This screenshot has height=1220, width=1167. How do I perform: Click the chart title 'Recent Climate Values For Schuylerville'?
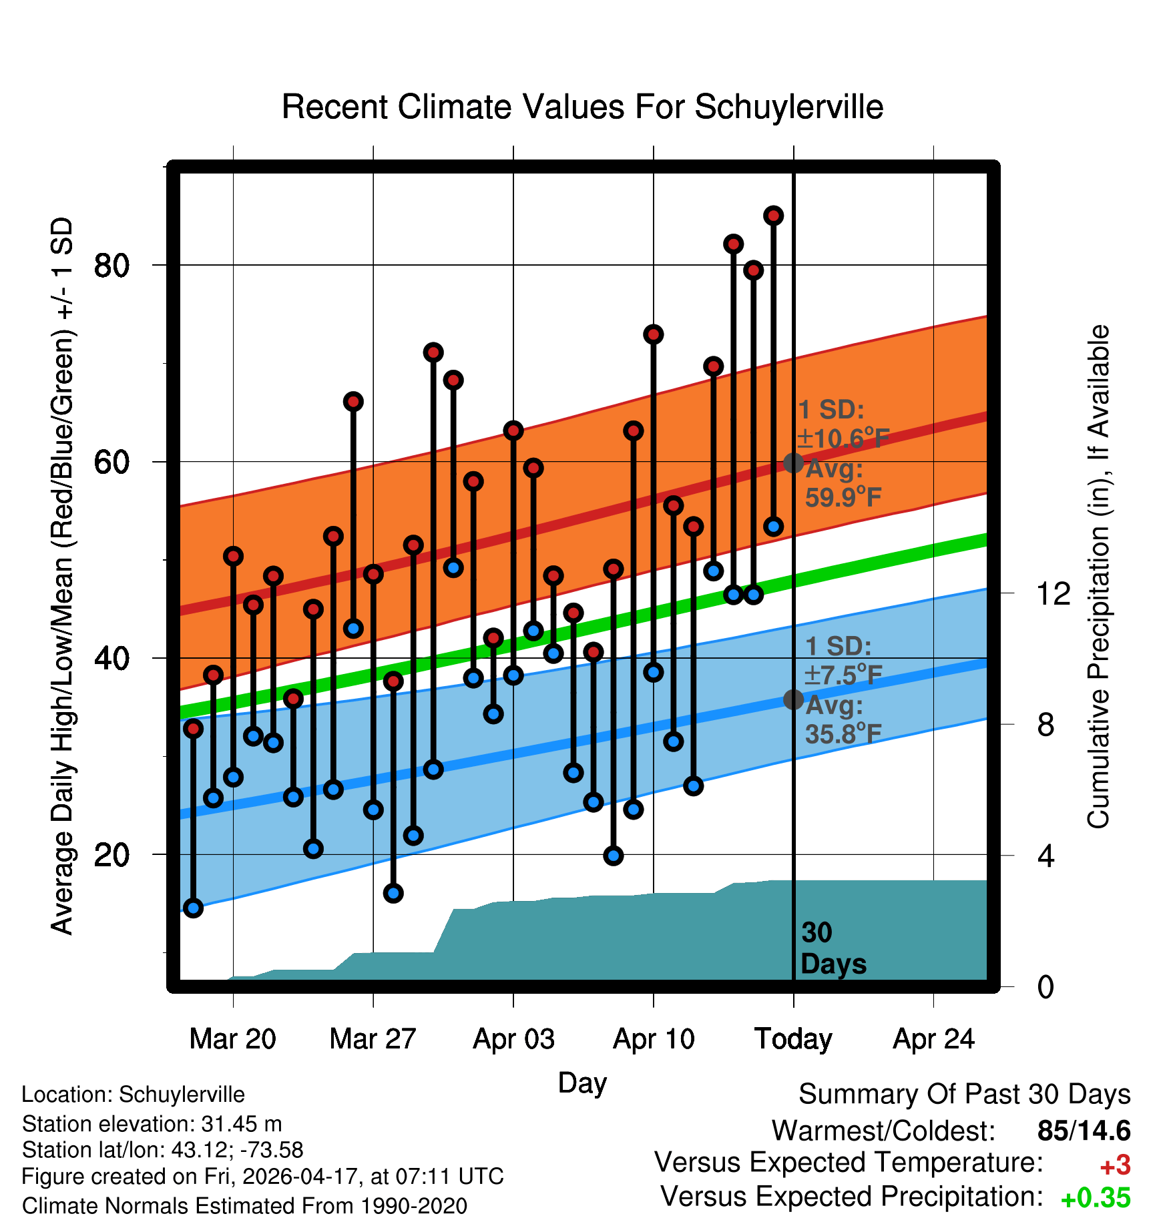click(x=582, y=107)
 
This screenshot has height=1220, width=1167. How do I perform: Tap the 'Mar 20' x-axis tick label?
click(x=232, y=1039)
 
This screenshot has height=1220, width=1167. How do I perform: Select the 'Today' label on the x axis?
click(x=793, y=1039)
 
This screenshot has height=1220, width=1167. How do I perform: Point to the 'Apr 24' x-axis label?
click(x=934, y=1039)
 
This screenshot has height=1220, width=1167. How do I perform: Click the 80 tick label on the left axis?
click(x=112, y=266)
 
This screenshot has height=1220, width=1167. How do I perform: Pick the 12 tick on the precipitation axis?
click(x=1054, y=593)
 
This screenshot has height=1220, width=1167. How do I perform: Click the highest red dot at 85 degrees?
click(x=774, y=216)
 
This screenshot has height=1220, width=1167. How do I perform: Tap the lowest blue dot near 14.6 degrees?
click(x=193, y=908)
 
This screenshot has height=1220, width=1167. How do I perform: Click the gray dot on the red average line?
click(x=793, y=463)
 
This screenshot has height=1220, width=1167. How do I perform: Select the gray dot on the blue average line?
click(x=793, y=699)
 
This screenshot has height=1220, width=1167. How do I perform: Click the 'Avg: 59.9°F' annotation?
click(x=843, y=483)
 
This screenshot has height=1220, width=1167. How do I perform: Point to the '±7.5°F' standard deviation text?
click(x=843, y=675)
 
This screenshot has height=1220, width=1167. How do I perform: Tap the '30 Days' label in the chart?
click(x=833, y=948)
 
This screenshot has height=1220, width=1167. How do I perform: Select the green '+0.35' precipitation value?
click(x=1096, y=1198)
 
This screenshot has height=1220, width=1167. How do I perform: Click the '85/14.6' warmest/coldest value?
click(x=1084, y=1131)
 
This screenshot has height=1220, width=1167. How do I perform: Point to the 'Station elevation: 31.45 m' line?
click(x=152, y=1124)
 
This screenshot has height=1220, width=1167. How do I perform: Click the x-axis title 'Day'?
click(x=582, y=1083)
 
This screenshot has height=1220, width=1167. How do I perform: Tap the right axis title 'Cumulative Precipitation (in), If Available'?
click(x=1098, y=577)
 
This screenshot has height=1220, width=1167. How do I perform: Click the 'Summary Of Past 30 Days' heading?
click(x=965, y=1095)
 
